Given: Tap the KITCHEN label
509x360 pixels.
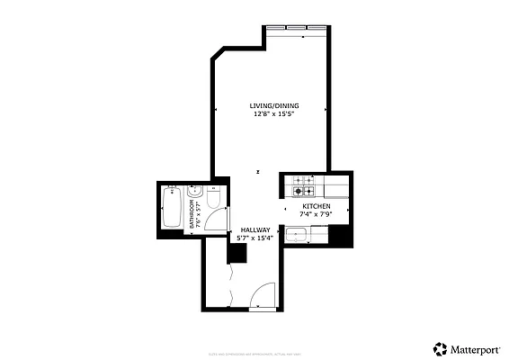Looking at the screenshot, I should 316,206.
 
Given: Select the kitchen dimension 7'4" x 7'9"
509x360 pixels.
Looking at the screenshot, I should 316,214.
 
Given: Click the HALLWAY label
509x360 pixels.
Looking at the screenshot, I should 254,229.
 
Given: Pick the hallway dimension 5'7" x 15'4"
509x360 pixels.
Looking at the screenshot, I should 254,238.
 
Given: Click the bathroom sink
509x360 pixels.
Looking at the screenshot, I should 192,193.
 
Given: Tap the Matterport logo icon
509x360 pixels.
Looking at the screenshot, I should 440,347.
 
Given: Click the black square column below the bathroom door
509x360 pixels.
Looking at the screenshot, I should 237,253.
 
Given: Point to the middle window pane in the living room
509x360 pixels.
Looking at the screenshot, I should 294,29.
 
